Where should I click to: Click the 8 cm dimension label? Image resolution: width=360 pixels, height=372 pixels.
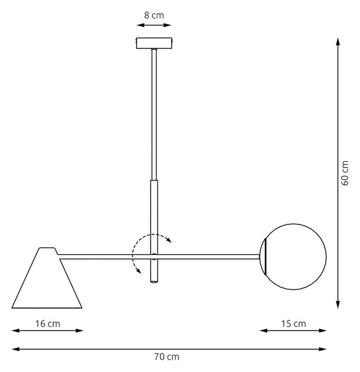(154, 15)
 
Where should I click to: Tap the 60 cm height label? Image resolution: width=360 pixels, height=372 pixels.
(345, 173)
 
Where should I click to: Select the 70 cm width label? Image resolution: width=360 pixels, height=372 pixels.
(167, 356)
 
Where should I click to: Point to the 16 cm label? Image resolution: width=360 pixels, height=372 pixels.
(48, 324)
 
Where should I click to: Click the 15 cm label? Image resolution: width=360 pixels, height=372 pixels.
(293, 324)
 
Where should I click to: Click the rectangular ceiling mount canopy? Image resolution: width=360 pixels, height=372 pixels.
(154, 43)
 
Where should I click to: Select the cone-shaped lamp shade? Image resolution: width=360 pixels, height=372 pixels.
(47, 278)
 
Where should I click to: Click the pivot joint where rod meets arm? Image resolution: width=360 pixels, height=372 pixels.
(154, 257)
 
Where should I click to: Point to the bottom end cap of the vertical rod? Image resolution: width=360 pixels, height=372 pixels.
(154, 281)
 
